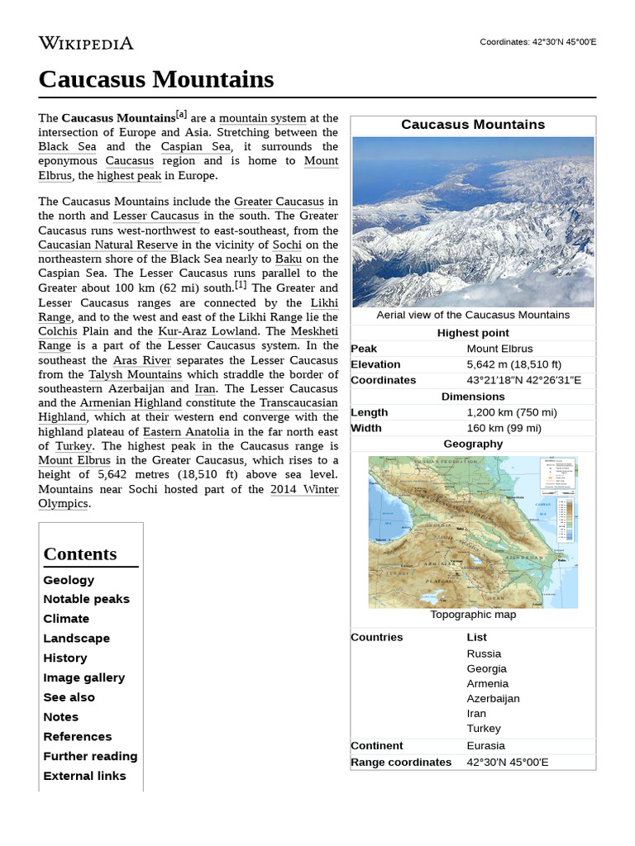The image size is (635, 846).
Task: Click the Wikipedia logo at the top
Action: [x=85, y=43]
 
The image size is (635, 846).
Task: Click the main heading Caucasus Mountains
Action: [x=155, y=79]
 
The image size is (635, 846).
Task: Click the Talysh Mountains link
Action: [x=135, y=374]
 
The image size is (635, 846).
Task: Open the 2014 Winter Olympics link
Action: [x=303, y=489]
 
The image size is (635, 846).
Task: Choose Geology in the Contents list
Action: [x=69, y=580]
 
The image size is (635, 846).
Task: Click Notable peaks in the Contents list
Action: [x=86, y=599]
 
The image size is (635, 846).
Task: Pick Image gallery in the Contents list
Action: [x=84, y=677]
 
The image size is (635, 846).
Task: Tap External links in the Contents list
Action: [x=84, y=776]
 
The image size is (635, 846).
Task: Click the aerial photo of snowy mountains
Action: [x=473, y=221]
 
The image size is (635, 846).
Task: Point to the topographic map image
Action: [x=473, y=532]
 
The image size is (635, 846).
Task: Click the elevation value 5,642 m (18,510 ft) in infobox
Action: [x=513, y=364]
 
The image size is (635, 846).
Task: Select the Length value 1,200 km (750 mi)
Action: [x=511, y=412]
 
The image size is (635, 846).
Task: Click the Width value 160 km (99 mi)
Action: [x=504, y=428]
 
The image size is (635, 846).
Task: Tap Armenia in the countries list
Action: [x=487, y=683]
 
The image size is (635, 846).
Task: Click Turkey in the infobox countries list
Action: [x=483, y=728]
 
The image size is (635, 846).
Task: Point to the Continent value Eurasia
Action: [x=485, y=745]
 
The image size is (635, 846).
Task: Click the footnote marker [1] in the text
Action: [x=241, y=285]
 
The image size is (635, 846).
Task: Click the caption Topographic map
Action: [x=473, y=615]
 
